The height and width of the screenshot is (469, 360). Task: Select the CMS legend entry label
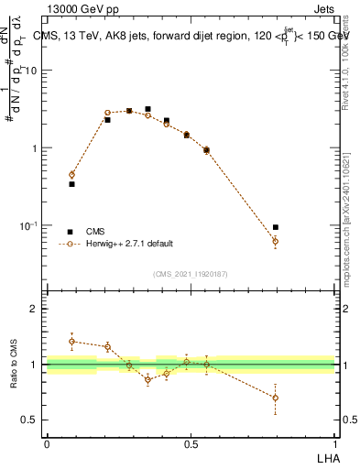tap(96, 232)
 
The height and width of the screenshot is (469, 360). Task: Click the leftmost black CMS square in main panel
tap(71, 184)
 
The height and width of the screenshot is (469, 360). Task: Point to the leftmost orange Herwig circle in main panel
tap(71, 174)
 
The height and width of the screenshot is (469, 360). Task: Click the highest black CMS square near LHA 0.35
tap(147, 109)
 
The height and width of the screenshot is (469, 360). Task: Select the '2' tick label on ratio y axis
tap(34, 309)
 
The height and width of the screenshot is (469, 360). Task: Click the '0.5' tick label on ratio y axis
tap(30, 420)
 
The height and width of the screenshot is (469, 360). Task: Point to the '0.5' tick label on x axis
tap(191, 443)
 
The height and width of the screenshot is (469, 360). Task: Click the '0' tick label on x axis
tap(46, 443)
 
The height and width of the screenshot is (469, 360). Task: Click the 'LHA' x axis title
tap(326, 457)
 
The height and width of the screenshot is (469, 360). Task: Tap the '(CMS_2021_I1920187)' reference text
tap(191, 273)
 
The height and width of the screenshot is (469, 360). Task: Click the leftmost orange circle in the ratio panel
tap(71, 341)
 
